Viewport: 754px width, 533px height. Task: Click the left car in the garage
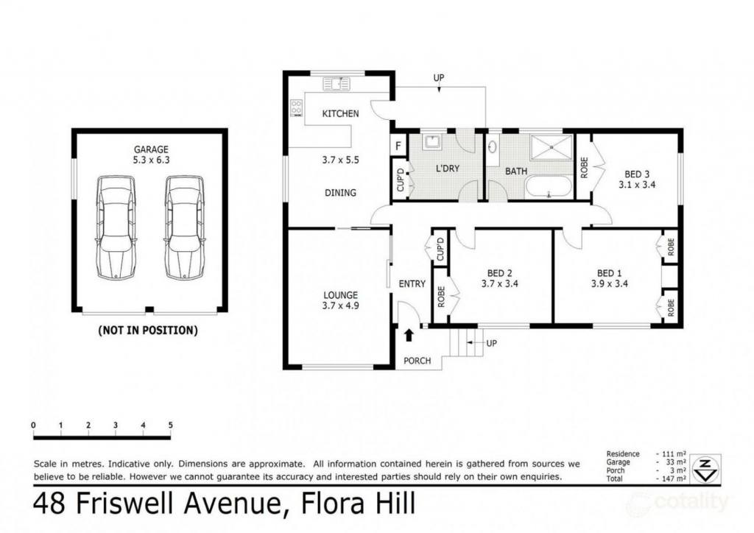click(116, 227)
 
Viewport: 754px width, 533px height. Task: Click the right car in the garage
click(185, 227)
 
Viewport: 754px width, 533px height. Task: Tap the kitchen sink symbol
click(336, 84)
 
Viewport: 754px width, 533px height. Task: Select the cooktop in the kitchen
click(296, 108)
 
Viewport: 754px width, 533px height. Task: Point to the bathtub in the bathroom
click(549, 186)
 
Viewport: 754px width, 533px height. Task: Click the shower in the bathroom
click(552, 147)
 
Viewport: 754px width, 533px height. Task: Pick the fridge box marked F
click(398, 146)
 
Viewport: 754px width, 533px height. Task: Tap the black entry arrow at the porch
click(409, 334)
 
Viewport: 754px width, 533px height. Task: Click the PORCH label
click(417, 361)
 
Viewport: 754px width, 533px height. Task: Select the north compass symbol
click(705, 469)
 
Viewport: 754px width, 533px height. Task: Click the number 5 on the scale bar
click(170, 425)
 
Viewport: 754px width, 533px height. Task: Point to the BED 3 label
click(637, 174)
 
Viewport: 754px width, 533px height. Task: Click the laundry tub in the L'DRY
click(431, 142)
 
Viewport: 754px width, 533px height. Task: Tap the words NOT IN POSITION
click(147, 331)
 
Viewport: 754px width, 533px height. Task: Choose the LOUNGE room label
click(340, 295)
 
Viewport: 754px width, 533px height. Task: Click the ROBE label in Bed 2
click(441, 297)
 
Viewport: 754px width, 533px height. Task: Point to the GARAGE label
click(151, 149)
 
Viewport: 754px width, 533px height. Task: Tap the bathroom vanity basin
click(493, 146)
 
